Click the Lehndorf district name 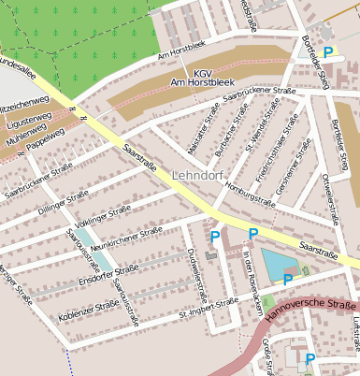[197, 175]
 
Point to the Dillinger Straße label [64, 204]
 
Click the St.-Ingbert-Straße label [209, 308]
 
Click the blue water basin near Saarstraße [278, 264]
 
